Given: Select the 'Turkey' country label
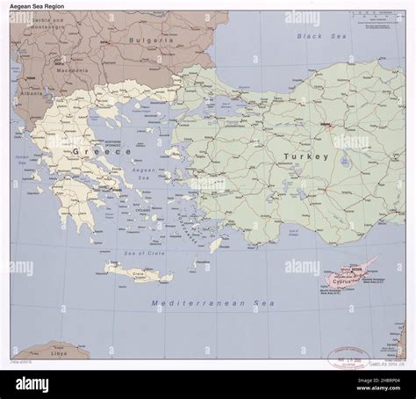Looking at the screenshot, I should pos(306,156).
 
